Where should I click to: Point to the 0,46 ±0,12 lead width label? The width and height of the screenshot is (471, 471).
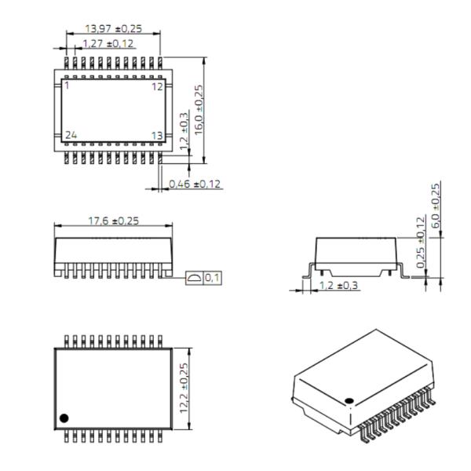(195, 184)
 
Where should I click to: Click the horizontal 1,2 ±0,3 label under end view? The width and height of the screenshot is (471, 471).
(338, 285)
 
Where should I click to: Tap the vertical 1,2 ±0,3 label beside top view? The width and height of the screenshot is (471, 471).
(183, 134)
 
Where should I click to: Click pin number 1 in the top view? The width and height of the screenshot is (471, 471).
(68, 86)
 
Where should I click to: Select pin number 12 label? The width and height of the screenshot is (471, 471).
(157, 86)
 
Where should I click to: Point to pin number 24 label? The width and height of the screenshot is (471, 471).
(71, 135)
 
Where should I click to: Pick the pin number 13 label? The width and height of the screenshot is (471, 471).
(157, 136)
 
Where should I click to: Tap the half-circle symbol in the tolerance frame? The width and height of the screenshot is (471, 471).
(193, 278)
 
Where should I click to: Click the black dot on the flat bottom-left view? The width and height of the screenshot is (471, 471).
(65, 416)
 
